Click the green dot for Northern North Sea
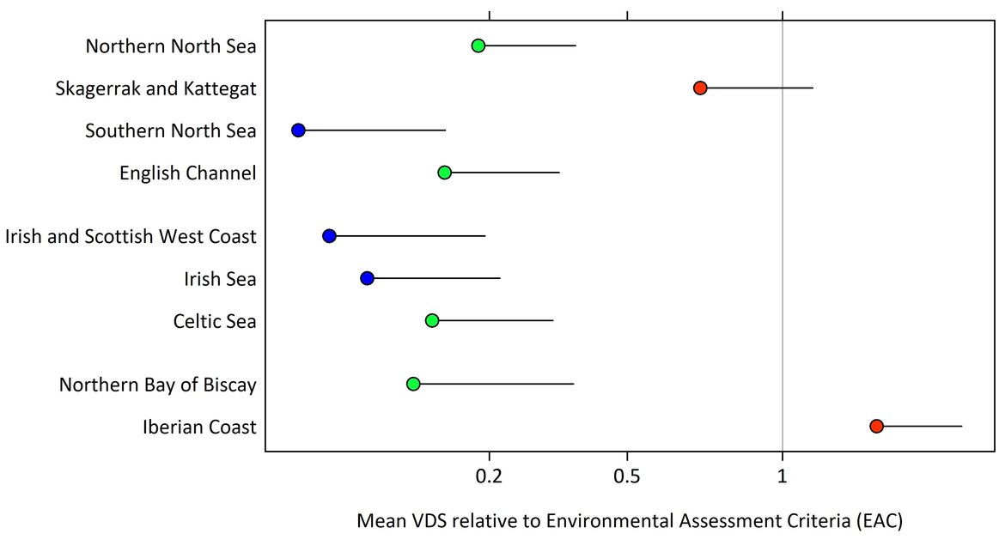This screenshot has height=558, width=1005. pos(478,45)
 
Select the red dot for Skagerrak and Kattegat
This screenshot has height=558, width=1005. pos(700,88)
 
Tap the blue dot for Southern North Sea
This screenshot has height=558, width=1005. pos(298,130)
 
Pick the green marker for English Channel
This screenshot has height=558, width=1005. pos(445,173)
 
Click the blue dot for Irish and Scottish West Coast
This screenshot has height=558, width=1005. pos(329,236)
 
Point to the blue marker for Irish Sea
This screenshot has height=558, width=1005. pos(367,278)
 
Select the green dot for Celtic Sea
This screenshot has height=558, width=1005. pos(432,320)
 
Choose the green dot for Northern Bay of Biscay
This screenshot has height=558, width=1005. pos(413,384)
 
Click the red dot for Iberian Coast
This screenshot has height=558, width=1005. pos(876,426)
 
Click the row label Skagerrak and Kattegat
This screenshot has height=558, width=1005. pos(155,88)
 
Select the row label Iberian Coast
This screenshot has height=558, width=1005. pos(199,427)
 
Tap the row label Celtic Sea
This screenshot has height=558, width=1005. pos(215,321)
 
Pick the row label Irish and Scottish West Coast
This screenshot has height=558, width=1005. pos(131,237)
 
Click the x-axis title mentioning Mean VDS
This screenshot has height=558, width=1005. pos(629,521)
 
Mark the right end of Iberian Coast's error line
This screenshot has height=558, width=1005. pos(962,426)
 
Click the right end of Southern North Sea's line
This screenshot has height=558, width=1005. pos(446,130)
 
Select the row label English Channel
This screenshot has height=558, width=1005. pos(188,173)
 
